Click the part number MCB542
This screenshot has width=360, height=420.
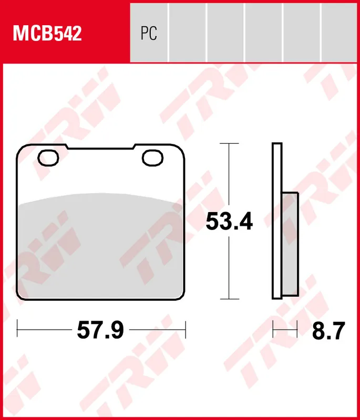47,34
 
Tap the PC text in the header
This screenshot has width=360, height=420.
149,34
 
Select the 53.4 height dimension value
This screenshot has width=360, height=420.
229,221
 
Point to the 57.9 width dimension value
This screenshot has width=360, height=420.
100,330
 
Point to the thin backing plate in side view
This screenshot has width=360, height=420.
277,220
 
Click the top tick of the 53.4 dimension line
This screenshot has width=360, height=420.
229,143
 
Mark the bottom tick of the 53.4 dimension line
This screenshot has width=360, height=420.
229,300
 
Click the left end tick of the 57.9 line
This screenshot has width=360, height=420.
17,330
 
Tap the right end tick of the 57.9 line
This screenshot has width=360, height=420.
187,330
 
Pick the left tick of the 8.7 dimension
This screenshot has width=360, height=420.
273,330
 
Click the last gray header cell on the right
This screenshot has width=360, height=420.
340,31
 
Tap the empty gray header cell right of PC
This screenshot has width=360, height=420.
187,31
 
